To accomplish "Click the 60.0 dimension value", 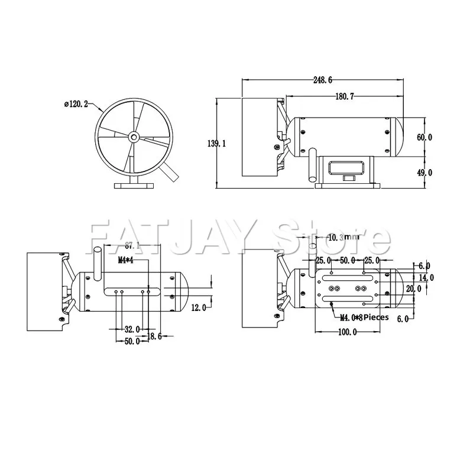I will coord(425,137).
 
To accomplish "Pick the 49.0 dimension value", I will coord(425,173).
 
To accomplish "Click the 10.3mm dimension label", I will coord(344,238).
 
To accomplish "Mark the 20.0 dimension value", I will coord(414,289).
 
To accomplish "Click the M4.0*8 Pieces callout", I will coord(365,317).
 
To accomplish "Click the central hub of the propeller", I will coord(134,137).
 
